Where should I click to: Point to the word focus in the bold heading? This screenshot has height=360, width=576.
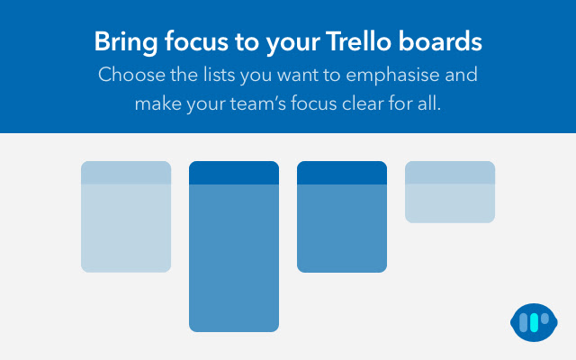pos(193,41)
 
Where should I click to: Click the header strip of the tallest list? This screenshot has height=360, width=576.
pos(234,173)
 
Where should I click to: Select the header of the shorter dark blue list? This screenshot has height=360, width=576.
pos(342,173)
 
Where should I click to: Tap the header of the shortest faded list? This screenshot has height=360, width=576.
pos(450,173)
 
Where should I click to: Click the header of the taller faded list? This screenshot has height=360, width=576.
pos(126,173)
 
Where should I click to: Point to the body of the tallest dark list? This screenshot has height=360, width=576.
pos(234,256)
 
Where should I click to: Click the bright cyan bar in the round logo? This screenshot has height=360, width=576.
pos(535,323)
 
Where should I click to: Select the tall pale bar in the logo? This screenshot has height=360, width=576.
pos(526,323)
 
